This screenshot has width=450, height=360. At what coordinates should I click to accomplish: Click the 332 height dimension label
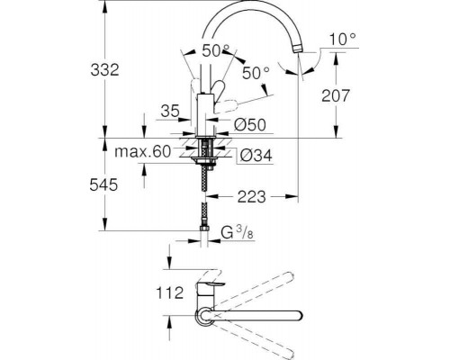pos(105,70)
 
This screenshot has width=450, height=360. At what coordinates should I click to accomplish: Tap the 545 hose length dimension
pos(103,184)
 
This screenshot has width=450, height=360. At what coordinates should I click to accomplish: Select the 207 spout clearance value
pos(336,95)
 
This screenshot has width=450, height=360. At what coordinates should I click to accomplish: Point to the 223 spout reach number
pos(252,197)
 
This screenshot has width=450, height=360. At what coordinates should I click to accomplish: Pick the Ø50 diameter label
pos(250,125)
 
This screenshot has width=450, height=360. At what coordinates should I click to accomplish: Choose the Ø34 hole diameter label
pos(256,156)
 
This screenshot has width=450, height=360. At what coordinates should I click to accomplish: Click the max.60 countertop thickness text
pos(143,152)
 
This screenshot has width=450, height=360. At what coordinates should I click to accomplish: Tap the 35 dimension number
pos(170,111)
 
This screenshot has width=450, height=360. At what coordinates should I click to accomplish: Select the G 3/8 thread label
pos(238,232)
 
